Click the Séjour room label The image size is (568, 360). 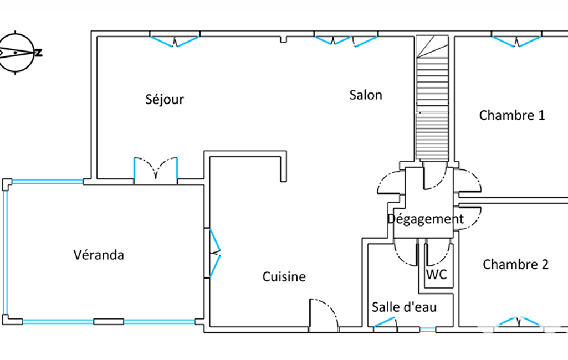[165, 99]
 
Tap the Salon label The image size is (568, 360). [366, 95]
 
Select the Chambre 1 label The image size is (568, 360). [512, 115]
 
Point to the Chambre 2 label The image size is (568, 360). [515, 264]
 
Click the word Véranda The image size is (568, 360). [99, 255]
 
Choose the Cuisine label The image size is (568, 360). [284, 277]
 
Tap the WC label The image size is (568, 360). [437, 275]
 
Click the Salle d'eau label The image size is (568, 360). [404, 307]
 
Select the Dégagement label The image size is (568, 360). [425, 219]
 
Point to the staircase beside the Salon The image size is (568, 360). [432, 98]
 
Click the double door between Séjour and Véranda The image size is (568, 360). [156, 168]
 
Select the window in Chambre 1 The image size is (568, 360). [516, 42]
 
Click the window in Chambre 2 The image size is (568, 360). [519, 322]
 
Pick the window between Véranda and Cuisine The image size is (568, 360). [214, 253]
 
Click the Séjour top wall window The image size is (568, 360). [175, 42]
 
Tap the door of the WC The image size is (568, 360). [438, 253]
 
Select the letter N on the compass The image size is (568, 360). [38, 53]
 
